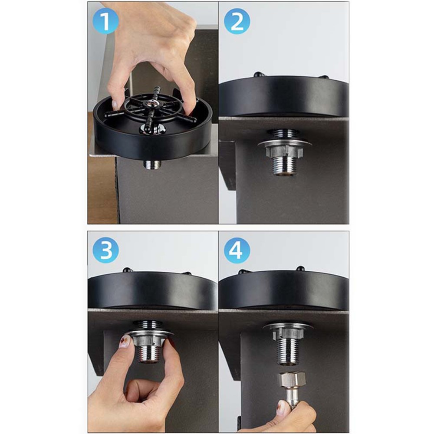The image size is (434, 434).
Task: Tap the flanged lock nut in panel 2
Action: [x=284, y=148]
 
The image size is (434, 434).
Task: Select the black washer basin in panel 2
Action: [x=284, y=98]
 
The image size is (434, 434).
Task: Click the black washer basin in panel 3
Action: [x=152, y=291]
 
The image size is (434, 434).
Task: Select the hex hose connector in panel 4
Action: [x=292, y=379]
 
